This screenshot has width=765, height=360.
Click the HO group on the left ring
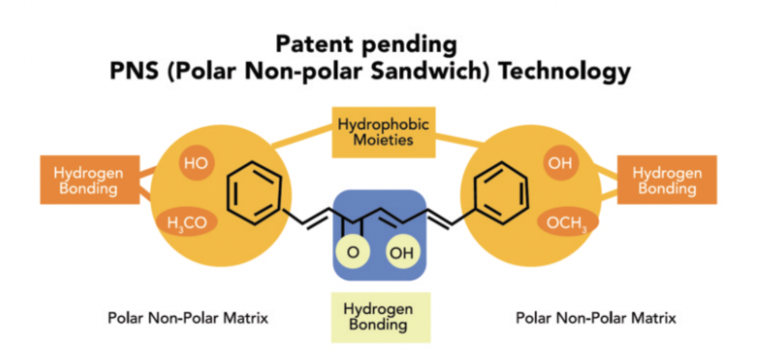pos(197,162)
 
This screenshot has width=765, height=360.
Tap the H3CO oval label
pos(187,222)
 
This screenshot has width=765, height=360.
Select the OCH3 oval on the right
pos(567,222)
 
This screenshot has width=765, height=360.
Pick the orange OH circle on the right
pos(560,162)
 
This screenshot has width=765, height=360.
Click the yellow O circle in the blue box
pos(353,252)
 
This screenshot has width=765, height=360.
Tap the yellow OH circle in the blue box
pos(402,252)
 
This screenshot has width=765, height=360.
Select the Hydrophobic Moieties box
pos(384,133)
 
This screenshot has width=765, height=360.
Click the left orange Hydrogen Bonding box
pos(90,180)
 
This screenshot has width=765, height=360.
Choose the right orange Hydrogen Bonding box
pos(667,180)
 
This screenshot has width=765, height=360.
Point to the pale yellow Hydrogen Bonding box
pos(381,317)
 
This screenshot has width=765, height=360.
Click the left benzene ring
pos(254,193)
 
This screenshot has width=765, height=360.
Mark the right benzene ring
pos(501,193)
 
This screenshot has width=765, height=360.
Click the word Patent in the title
pos(314,44)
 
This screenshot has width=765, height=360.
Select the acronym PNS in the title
pos(135,71)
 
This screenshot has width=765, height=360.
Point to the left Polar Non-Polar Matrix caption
pos(188,318)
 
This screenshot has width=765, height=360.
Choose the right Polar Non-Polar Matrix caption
pos(596,318)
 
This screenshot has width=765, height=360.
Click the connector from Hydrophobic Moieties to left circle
pos(302,136)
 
